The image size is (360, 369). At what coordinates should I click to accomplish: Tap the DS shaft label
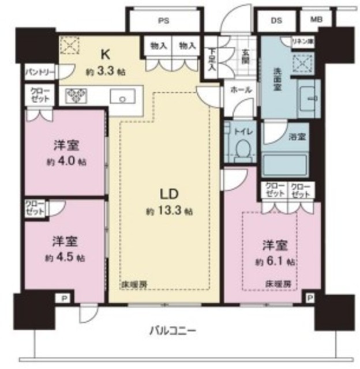pyautogui.click(x=276, y=19)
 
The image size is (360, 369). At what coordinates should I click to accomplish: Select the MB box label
pyautogui.click(x=316, y=19)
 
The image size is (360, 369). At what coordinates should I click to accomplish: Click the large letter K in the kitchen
pyautogui.click(x=106, y=55)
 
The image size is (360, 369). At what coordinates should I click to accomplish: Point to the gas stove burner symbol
pyautogui.click(x=76, y=96)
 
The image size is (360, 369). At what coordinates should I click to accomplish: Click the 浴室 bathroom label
pyautogui.click(x=298, y=138)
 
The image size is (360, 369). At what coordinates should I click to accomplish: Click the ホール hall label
pyautogui.click(x=238, y=90)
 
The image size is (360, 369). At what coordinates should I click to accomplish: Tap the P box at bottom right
pyautogui.click(x=311, y=298)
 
